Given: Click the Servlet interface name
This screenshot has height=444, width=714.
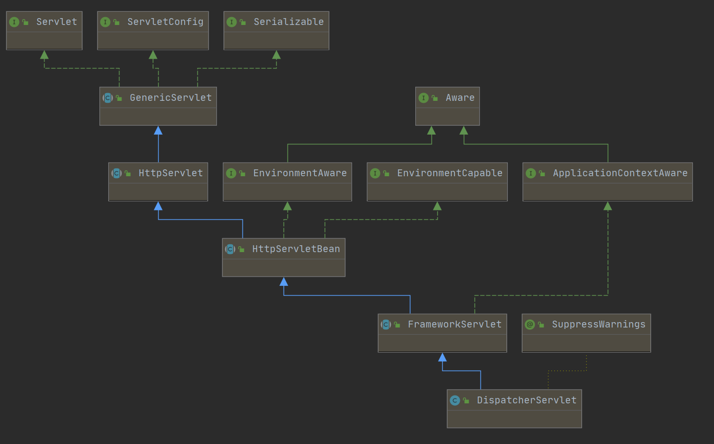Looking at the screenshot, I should pos(56,22).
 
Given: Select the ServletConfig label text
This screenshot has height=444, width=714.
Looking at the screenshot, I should pos(165,22).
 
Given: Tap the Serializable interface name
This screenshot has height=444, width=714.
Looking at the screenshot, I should pos(288,22).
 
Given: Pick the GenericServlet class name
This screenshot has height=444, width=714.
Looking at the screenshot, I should pos(170,98).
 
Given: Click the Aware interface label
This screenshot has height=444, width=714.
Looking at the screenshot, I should pos(460,98).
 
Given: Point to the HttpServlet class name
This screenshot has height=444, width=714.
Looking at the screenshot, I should pos(170,173).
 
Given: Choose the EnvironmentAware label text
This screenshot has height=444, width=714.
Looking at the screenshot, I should pos(300,173).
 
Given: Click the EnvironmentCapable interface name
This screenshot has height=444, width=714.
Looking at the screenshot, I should pos(450,173).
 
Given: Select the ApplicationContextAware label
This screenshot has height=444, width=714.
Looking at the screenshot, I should pos(620,173).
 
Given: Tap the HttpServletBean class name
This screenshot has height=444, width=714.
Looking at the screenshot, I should pos(296,249).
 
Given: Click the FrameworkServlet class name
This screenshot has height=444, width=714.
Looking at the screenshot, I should pos(454,325).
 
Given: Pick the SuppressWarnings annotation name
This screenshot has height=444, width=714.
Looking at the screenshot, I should pos(598,325).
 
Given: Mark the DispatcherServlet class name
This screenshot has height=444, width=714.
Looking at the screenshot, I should pos(526,400).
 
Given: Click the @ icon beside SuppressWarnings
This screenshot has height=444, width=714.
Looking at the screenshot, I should pos(529,325).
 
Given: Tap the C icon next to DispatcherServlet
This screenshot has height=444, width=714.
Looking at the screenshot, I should pos(455,400).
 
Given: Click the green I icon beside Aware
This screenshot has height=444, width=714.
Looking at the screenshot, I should pos(424,98).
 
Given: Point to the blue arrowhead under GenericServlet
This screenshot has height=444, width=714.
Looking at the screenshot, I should pos(158,131).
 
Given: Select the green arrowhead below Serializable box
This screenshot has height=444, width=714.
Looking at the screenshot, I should pos(276,55).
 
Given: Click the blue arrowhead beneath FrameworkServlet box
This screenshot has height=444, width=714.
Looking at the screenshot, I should pos(442,357).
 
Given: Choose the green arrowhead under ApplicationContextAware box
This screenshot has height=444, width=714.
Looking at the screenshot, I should pos(608,206).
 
